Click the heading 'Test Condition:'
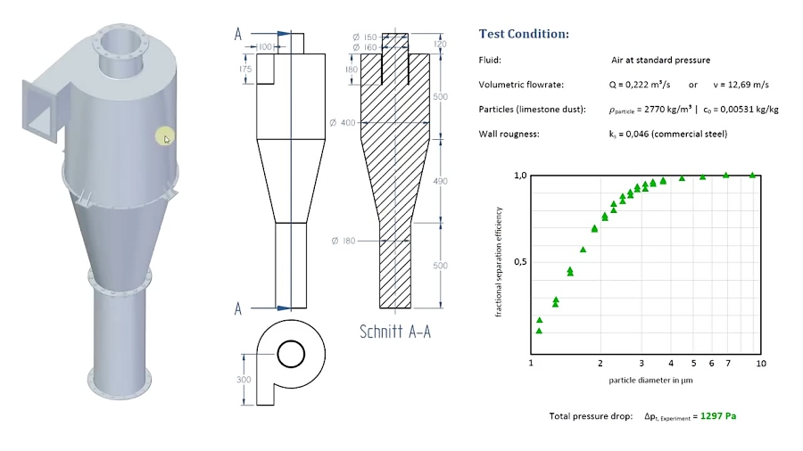point(523,34)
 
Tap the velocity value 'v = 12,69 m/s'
point(738,85)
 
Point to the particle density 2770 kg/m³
point(648,109)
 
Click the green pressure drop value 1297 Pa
point(723,415)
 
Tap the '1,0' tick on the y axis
point(520,176)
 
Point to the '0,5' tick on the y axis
point(520,262)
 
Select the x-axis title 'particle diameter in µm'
point(650,380)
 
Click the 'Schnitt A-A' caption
point(395,331)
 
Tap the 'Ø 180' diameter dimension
point(344,241)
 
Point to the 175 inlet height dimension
point(245,69)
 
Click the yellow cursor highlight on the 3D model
point(166,136)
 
